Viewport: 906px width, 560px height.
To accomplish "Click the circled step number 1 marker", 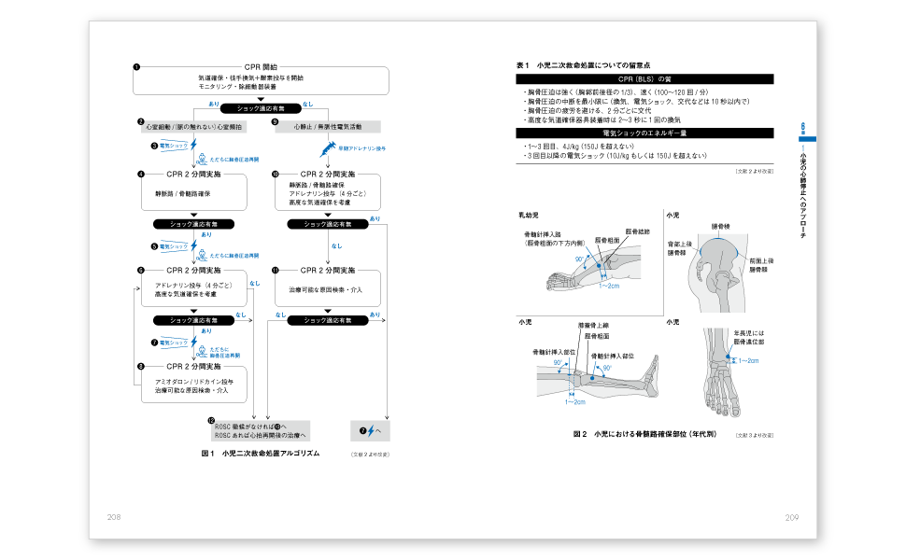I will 136,67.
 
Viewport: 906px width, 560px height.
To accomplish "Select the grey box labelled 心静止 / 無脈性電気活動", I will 327,124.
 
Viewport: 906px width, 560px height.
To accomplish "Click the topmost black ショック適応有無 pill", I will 261,108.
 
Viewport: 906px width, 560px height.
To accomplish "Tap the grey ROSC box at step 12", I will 260,430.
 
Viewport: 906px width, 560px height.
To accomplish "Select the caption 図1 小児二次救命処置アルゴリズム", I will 261,454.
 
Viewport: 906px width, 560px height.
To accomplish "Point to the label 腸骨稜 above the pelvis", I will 720,227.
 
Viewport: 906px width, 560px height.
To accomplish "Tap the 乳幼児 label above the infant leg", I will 529,216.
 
